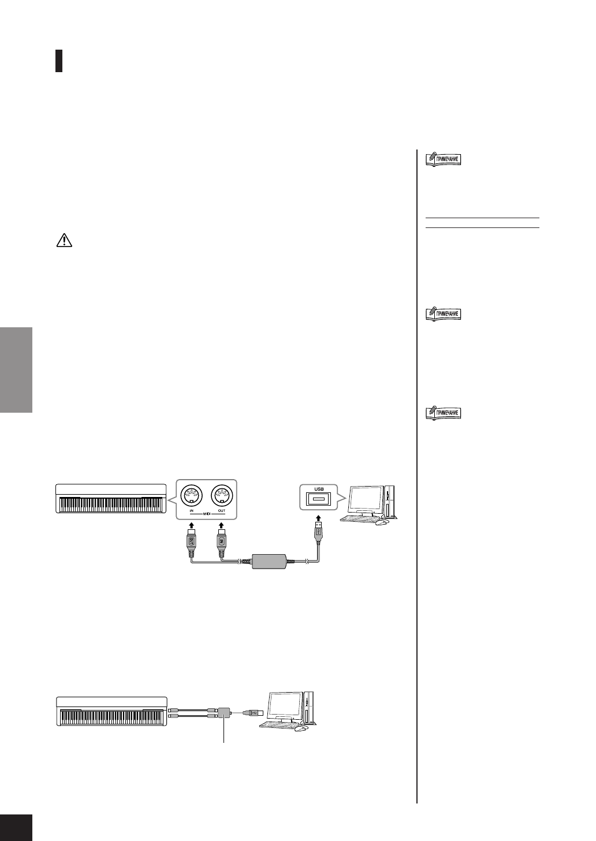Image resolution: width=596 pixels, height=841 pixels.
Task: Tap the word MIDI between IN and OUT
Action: point(206,511)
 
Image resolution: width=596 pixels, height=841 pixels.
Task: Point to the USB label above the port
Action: point(319,488)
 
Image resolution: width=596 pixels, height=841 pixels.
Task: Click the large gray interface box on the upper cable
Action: point(269,561)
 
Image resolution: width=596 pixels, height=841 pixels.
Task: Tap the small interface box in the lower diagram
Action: point(224,713)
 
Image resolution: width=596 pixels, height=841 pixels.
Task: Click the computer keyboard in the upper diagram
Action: point(359,518)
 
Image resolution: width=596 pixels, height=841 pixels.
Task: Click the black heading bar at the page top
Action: point(59,60)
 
